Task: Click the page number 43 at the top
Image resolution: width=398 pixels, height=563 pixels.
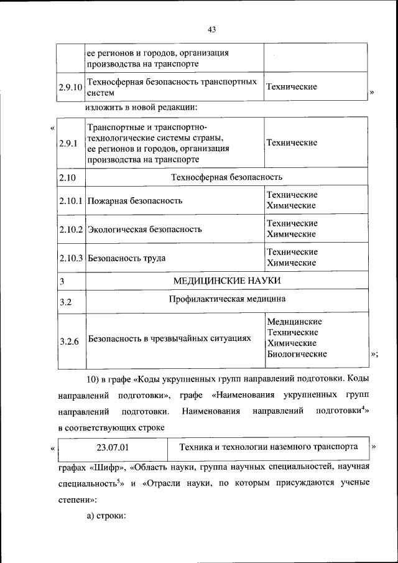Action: coord(211,29)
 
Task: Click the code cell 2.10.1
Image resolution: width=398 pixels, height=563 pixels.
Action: coord(71,200)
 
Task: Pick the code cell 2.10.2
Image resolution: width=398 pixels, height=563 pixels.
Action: coord(71,229)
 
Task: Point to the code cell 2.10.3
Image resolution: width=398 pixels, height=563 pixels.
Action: coord(71,258)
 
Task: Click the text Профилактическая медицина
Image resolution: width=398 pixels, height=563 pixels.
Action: coord(227,299)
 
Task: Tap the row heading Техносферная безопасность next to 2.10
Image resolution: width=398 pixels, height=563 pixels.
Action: coord(227,178)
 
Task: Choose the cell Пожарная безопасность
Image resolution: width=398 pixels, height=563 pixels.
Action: coord(135,201)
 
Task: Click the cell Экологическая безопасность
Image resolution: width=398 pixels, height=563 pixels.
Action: coord(144,230)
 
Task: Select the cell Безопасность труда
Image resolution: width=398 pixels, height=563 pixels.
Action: coord(127,258)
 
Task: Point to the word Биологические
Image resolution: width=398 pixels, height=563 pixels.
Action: coord(297,354)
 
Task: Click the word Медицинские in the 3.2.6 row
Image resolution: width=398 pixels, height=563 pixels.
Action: coord(294,322)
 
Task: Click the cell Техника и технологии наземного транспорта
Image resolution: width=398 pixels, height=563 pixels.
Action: coord(268,447)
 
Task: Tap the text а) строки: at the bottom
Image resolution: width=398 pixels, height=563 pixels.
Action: coord(106,516)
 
